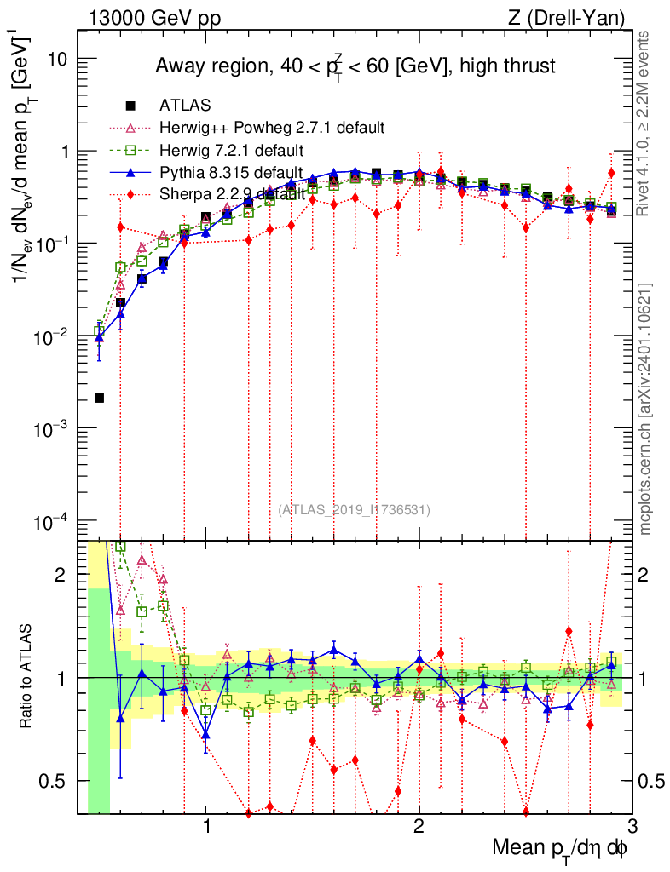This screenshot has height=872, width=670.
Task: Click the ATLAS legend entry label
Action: (185, 106)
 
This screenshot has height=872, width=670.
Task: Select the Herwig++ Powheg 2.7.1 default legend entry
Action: (272, 129)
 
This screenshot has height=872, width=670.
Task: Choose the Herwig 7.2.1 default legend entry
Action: (231, 151)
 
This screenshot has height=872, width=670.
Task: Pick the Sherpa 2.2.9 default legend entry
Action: (232, 196)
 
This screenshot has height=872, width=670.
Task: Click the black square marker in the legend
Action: (130, 106)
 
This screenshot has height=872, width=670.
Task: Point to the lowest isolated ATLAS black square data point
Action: (100, 398)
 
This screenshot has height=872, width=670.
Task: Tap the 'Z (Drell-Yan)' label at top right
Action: (578, 17)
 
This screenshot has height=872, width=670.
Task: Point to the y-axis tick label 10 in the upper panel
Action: (57, 60)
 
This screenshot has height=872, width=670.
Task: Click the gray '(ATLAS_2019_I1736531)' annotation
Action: (354, 510)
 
